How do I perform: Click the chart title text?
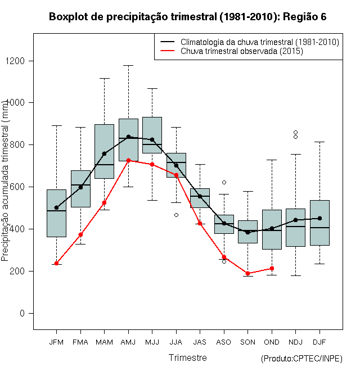188,17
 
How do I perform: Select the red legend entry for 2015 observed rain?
242,51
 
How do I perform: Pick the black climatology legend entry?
259,42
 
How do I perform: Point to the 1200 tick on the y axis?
22,61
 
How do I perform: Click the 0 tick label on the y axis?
22,313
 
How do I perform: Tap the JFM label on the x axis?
56,342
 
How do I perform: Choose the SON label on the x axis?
247,342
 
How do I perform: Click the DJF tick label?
319,342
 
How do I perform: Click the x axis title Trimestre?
188,358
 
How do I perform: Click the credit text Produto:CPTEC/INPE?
301,359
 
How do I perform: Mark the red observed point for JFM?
56,263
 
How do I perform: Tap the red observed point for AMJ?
128,160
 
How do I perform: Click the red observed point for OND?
272,268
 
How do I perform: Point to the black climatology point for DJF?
319,218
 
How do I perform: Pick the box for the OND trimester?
272,229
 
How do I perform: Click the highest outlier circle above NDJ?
295,132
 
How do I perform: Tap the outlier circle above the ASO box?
224,182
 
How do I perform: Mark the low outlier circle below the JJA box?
176,215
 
